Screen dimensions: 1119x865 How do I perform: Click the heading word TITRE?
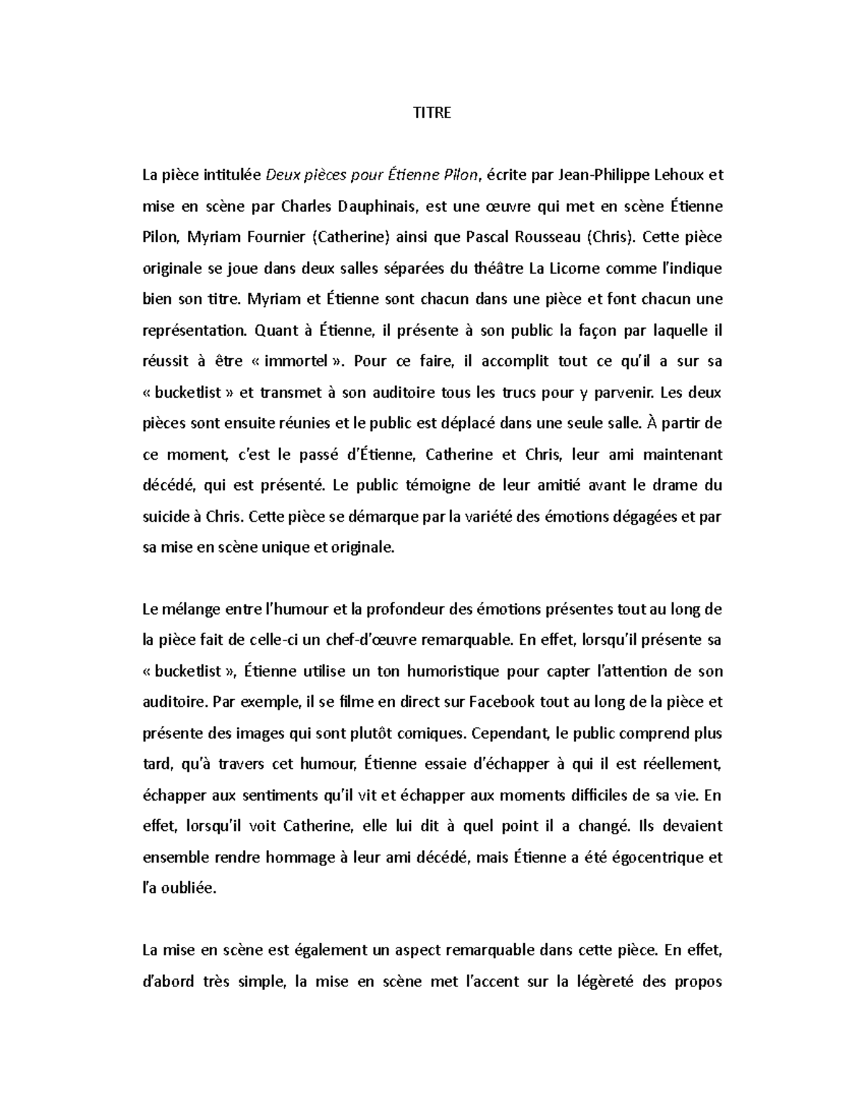tap(432, 113)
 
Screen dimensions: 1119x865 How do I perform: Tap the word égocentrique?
tap(651, 857)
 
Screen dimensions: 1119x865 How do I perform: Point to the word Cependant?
tap(511, 734)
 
